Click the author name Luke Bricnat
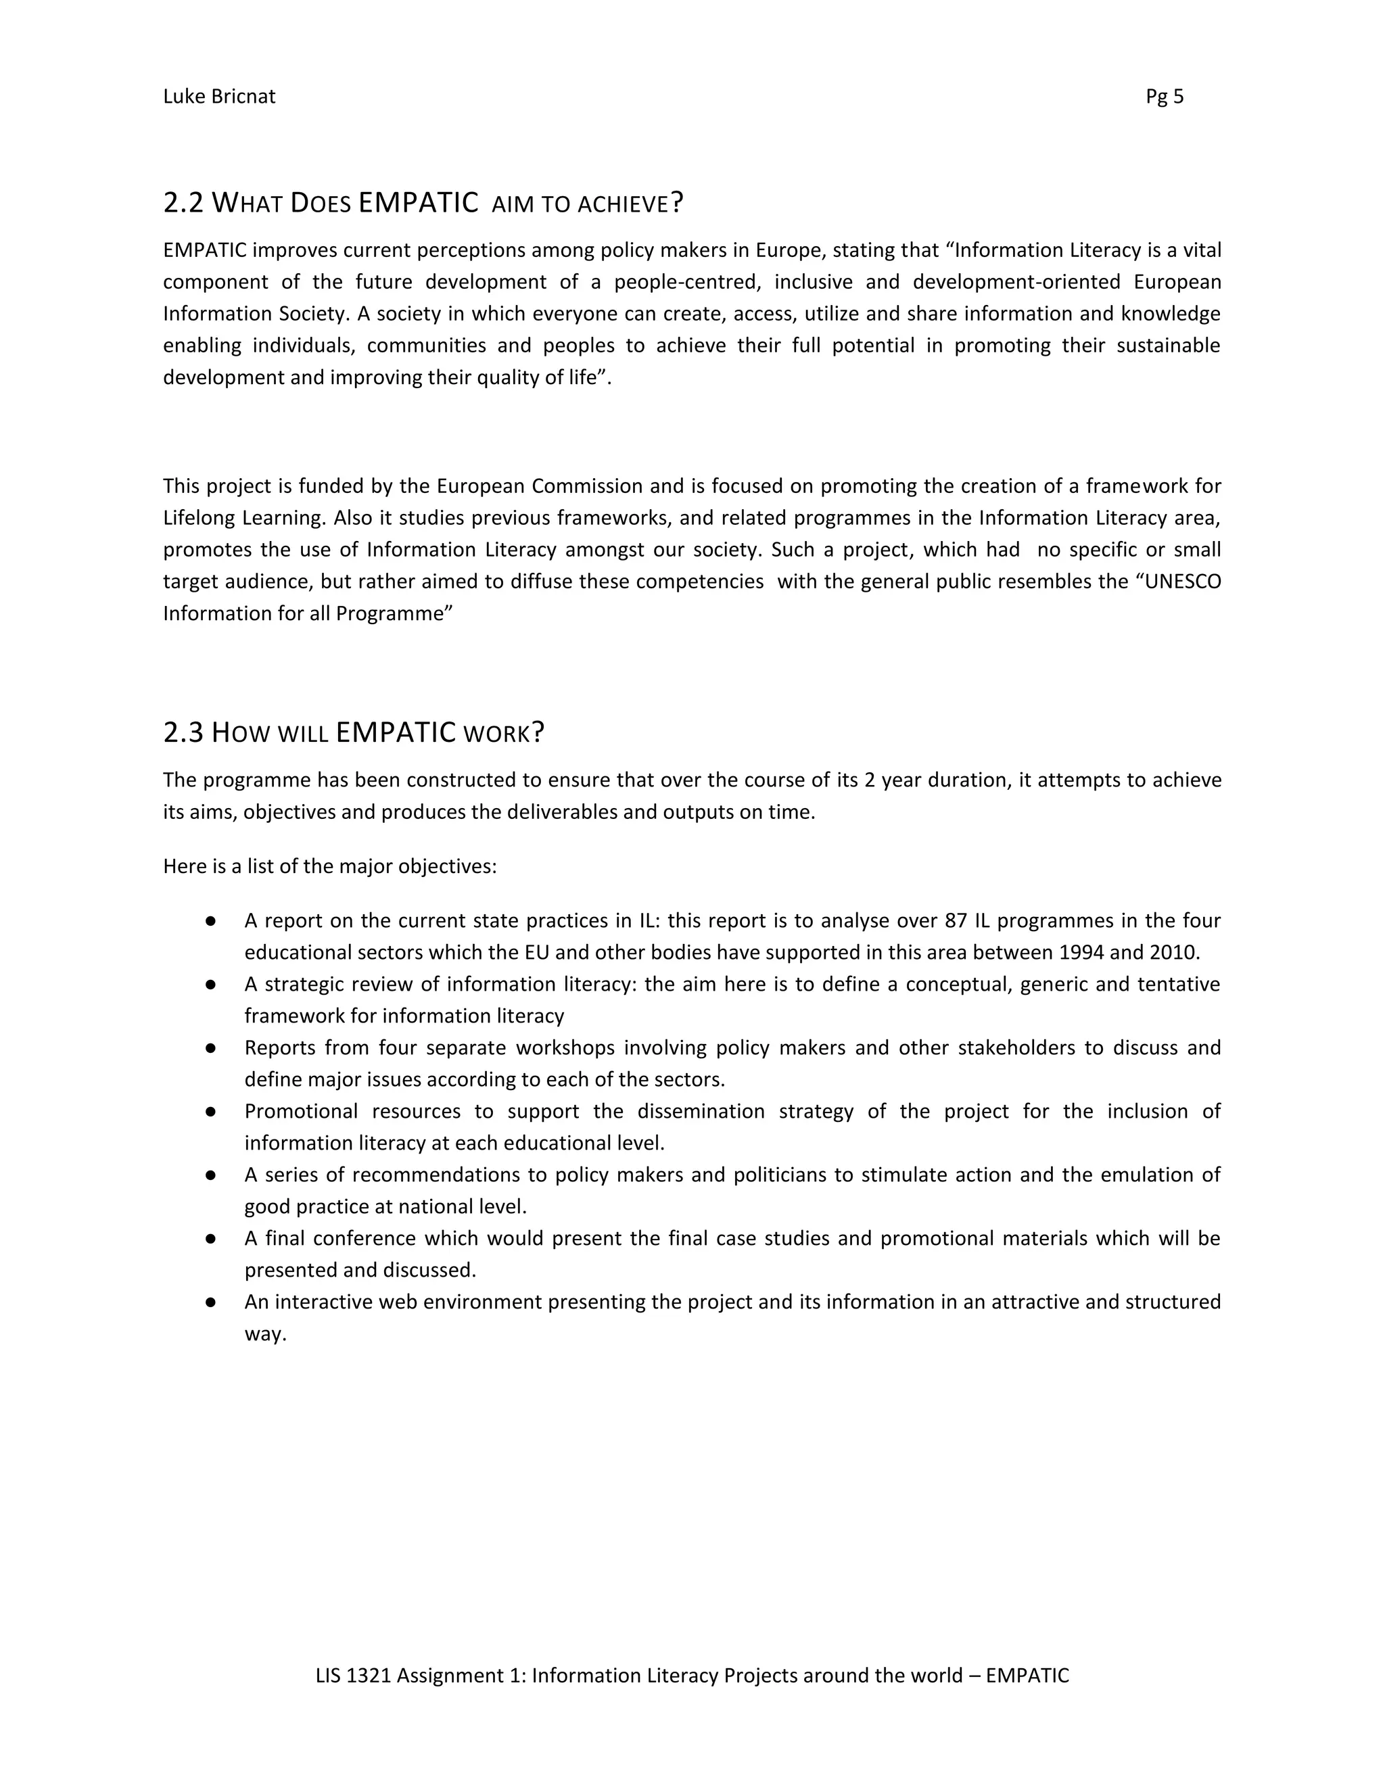pos(219,97)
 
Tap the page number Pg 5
pos(1165,97)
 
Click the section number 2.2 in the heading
pos(183,203)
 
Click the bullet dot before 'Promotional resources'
pos(211,1112)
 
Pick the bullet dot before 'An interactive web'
pos(211,1302)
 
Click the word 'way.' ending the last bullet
pos(265,1334)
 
